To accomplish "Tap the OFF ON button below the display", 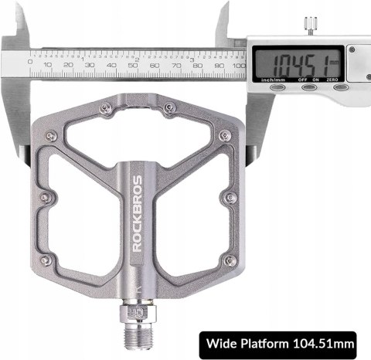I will click(x=309, y=87).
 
